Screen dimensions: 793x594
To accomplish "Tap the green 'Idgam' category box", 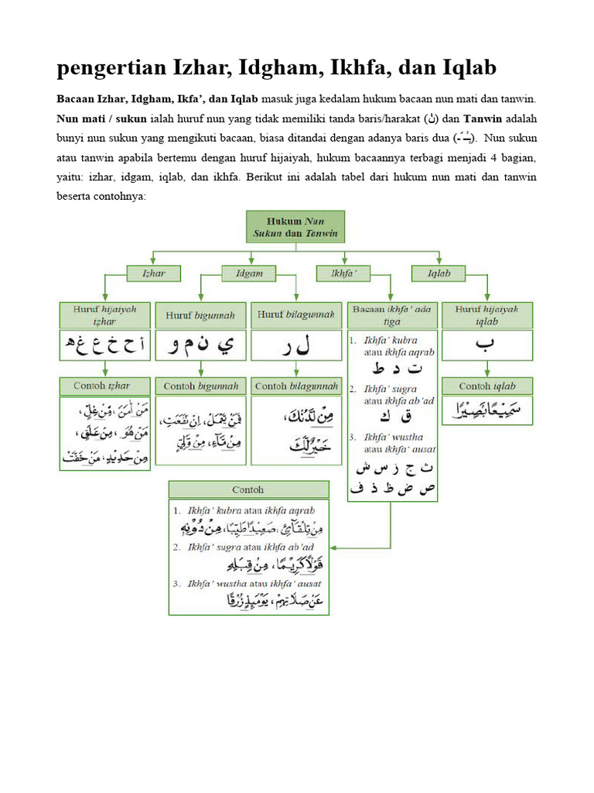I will pos(248,273).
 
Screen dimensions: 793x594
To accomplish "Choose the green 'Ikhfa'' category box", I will pos(343,273).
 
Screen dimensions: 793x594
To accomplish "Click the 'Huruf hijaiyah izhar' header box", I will pos(104,314).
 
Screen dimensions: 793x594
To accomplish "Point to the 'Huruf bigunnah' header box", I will pos(200,315).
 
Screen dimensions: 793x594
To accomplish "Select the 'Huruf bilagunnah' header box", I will pos(295,315).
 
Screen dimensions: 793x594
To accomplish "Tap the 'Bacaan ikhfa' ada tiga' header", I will pos(392,314).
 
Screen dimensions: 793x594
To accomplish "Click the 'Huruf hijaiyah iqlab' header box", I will pos(488,314).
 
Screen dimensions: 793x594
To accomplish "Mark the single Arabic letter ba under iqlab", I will pos(488,346).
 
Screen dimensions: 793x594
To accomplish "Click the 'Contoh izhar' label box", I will pos(104,385).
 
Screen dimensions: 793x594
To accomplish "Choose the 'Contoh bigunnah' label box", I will pos(200,385).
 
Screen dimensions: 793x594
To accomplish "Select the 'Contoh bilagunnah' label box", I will pos(295,385).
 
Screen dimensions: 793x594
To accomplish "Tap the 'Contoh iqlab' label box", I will pos(488,385).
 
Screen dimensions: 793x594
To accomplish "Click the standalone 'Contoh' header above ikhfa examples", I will pos(248,489).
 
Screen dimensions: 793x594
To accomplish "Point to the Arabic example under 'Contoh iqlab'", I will pos(488,411).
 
